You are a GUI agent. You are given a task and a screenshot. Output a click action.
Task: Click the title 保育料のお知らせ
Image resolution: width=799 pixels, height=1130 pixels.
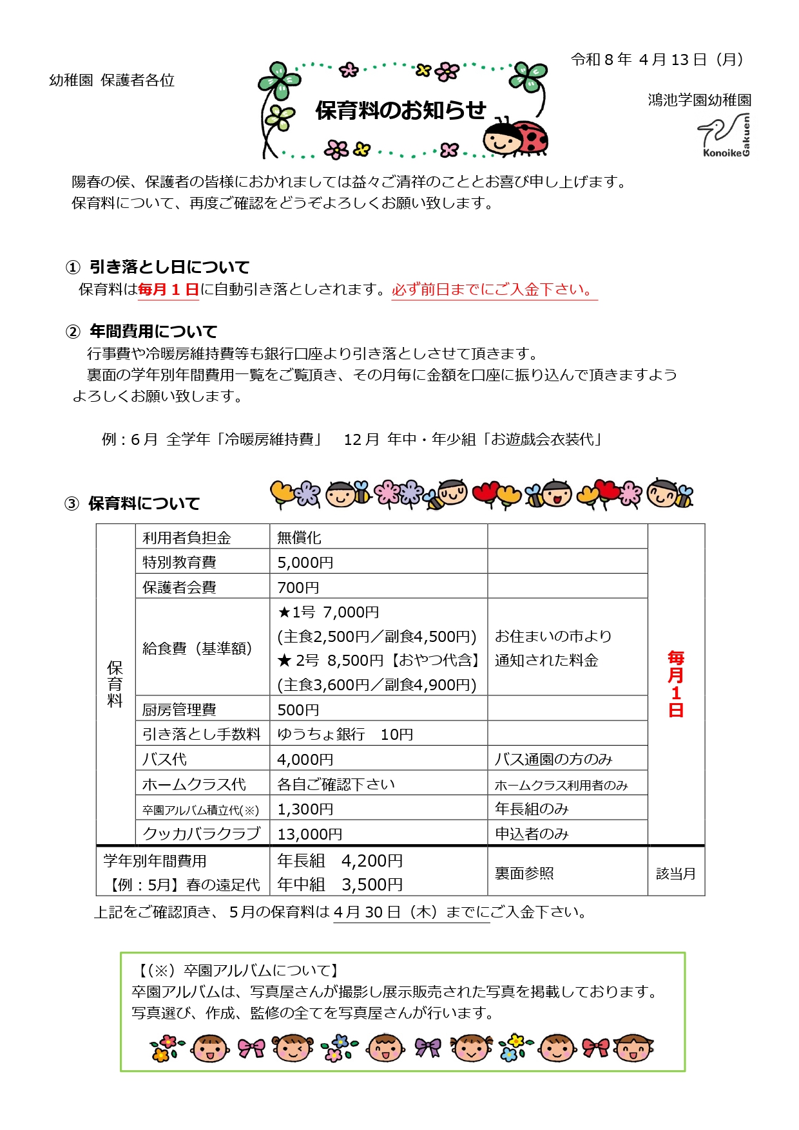coord(400,111)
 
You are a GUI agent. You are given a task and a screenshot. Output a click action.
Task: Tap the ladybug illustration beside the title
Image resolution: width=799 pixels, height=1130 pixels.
coord(516,137)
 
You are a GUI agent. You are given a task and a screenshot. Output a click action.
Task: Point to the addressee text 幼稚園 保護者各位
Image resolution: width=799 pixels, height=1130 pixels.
coord(111,80)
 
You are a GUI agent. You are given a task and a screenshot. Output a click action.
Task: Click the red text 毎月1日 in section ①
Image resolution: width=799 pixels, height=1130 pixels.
coord(168,290)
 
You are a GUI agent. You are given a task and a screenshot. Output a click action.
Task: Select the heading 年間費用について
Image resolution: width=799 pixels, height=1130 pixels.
coord(153,332)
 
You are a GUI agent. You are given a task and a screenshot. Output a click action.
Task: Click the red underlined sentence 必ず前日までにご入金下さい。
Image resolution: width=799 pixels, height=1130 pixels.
coord(494,290)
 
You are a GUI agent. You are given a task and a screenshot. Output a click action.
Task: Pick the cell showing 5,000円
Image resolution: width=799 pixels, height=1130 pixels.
coord(305,562)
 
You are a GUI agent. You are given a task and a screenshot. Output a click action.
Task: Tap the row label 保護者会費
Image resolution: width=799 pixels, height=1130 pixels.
coord(179,587)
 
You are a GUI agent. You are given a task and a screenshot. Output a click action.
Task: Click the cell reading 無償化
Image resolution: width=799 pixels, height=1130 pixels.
coord(299,538)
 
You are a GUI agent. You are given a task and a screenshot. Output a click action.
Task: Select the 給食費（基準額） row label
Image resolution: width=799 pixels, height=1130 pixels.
coord(197,648)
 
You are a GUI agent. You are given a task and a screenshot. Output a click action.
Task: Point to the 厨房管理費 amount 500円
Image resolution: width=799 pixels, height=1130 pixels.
coord(298,710)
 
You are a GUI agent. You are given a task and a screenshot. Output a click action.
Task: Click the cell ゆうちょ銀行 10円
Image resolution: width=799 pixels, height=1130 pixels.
coord(345,735)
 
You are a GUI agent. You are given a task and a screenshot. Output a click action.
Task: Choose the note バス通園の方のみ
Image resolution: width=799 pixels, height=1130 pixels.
coord(554,759)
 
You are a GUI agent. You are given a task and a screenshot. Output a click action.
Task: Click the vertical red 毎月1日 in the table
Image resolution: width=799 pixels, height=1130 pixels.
coord(675,684)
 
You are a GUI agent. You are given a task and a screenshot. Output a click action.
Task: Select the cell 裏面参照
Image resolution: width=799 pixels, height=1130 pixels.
coord(524,873)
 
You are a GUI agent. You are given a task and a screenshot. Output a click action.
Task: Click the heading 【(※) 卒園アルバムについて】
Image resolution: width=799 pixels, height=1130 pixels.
coord(238,970)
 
